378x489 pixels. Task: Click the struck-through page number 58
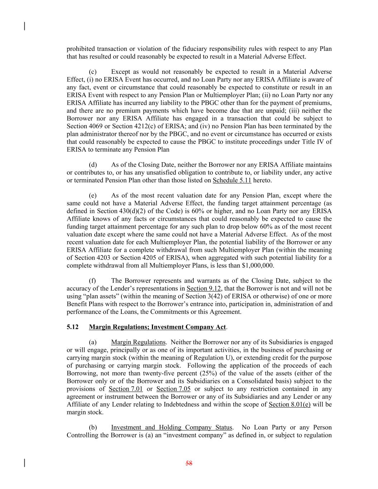[189, 463]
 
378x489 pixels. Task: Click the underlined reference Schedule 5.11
[232, 180]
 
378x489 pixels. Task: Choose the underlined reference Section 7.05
[173, 389]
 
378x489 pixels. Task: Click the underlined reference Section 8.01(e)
[290, 404]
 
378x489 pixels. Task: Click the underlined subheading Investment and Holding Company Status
[172, 427]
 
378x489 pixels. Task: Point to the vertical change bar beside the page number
[24, 462]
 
